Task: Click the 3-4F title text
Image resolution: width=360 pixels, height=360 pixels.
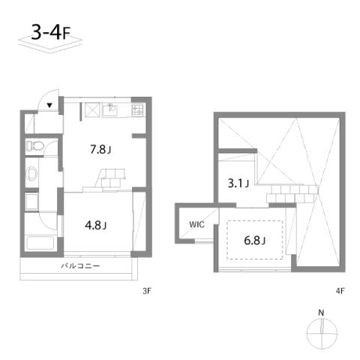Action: [x=50, y=32]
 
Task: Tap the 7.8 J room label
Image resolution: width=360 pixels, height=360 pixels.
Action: [x=100, y=149]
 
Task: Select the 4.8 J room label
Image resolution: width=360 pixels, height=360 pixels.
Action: [x=96, y=225]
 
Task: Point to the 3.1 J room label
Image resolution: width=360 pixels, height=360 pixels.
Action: [x=238, y=183]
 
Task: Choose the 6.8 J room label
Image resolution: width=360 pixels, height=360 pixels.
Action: [x=254, y=240]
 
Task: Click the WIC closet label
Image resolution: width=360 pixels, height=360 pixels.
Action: [x=196, y=224]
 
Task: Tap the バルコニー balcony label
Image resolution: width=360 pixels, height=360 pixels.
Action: [x=80, y=265]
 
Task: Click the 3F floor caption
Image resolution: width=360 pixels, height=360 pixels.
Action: [x=147, y=291]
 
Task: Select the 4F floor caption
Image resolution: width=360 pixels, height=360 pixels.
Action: [x=340, y=291]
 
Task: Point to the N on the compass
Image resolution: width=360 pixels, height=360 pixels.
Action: [x=321, y=313]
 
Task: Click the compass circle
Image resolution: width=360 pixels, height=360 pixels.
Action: [x=307, y=334]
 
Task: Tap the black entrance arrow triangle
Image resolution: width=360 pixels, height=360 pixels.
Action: [x=49, y=105]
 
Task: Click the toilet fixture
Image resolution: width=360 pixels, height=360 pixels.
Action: [x=35, y=146]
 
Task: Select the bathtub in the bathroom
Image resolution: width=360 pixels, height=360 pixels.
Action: [x=40, y=243]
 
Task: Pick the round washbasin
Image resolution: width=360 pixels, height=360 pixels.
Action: [x=32, y=172]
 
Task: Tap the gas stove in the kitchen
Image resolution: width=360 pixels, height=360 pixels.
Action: [x=137, y=109]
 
